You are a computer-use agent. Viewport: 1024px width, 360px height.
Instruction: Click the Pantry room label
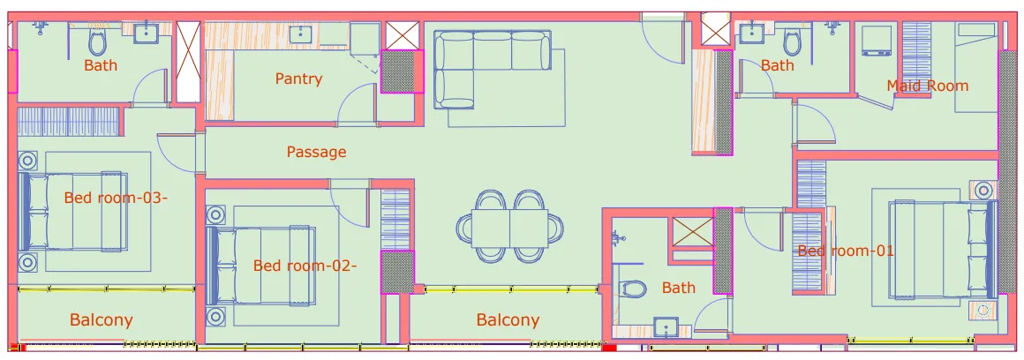click(298, 79)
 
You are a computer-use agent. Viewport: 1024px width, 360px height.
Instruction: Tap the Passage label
click(316, 152)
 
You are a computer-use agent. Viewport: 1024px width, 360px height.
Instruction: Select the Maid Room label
click(927, 86)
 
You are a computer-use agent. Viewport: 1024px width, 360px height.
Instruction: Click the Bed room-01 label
click(846, 251)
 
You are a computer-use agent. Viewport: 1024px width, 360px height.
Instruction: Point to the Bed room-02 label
click(305, 266)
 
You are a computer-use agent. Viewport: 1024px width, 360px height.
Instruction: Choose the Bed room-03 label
click(116, 198)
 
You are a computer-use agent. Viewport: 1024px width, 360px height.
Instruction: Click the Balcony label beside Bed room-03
click(101, 320)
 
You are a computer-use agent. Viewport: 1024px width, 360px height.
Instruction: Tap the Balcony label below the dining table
click(508, 320)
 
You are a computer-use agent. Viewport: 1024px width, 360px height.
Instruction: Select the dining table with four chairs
click(510, 226)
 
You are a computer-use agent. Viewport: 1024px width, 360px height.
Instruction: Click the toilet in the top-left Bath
click(97, 41)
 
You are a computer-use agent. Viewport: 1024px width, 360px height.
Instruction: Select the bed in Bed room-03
click(72, 211)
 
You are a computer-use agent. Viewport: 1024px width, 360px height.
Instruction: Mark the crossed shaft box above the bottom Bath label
click(691, 231)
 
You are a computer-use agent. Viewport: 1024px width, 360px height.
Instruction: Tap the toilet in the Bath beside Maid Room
click(792, 40)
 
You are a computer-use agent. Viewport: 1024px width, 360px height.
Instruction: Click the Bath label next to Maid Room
click(777, 65)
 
